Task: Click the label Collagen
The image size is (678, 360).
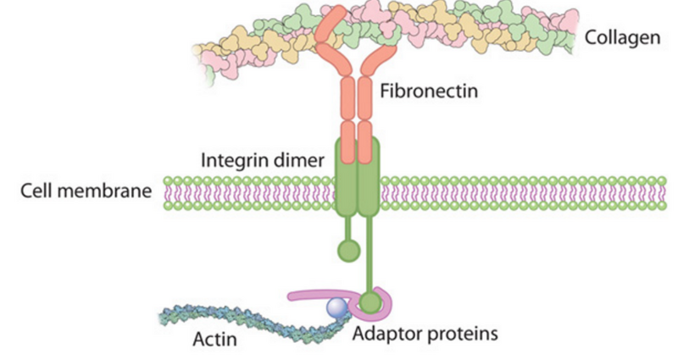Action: coord(622,39)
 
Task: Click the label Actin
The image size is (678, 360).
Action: coord(214,340)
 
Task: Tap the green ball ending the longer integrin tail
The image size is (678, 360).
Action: coord(370,301)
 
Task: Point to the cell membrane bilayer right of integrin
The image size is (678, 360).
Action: coord(508,193)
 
